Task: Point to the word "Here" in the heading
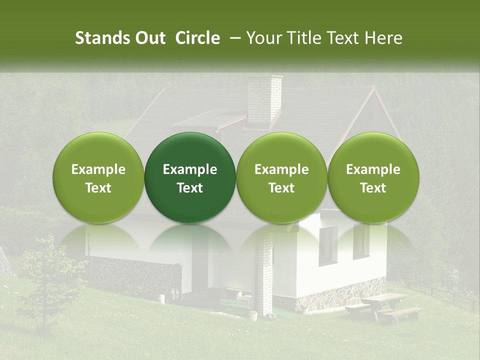pyautogui.click(x=384, y=38)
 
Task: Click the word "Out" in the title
pyautogui.click(x=149, y=38)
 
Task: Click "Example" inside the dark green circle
pyautogui.click(x=190, y=169)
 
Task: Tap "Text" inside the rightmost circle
pyautogui.click(x=373, y=188)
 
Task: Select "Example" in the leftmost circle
pyautogui.click(x=98, y=169)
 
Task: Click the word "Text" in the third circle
pyautogui.click(x=281, y=188)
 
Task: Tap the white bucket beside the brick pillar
pyautogui.click(x=253, y=315)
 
